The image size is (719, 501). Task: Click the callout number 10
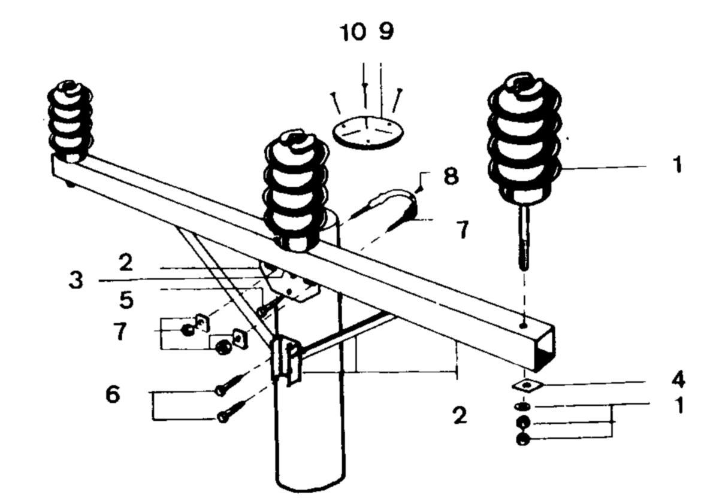coord(353,32)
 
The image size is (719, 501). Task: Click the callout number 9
coord(386,32)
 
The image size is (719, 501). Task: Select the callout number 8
coord(451,177)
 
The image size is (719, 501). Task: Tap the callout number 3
coord(75,280)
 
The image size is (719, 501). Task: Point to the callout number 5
coord(126,300)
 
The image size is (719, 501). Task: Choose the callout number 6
coord(113,394)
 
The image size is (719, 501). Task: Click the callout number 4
coord(678,379)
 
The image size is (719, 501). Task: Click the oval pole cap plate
coord(368,132)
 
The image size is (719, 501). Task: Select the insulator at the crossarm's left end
coord(70,122)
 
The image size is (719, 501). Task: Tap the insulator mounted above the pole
coord(296,191)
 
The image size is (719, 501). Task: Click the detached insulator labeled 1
coord(524,138)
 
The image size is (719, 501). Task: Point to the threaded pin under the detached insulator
coord(524,238)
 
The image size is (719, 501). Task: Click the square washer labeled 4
coord(525,385)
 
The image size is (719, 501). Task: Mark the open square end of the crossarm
coord(545,349)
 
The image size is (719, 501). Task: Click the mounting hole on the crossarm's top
coord(523,326)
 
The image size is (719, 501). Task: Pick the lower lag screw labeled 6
coord(232,411)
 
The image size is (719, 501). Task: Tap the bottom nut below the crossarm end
coord(523,439)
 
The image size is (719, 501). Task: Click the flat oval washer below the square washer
coord(522,406)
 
